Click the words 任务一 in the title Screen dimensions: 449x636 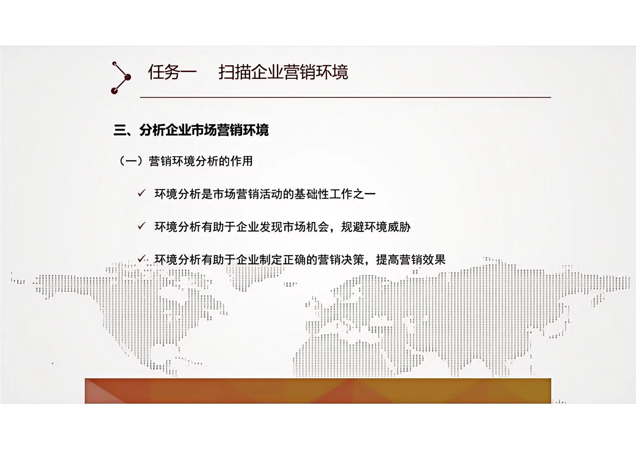click(172, 72)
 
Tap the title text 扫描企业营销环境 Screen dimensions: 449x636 click(283, 72)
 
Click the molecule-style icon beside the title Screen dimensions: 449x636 click(121, 78)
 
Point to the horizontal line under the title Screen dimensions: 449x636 click(346, 97)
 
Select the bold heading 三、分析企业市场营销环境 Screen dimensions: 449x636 click(191, 130)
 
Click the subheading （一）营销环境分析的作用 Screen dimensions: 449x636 click(185, 161)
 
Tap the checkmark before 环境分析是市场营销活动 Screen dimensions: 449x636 click(142, 194)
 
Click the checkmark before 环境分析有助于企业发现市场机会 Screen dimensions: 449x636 click(142, 226)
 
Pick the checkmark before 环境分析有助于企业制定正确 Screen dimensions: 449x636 click(142, 259)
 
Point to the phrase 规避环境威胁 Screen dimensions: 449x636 click(376, 227)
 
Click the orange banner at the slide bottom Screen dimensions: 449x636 click(318, 391)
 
